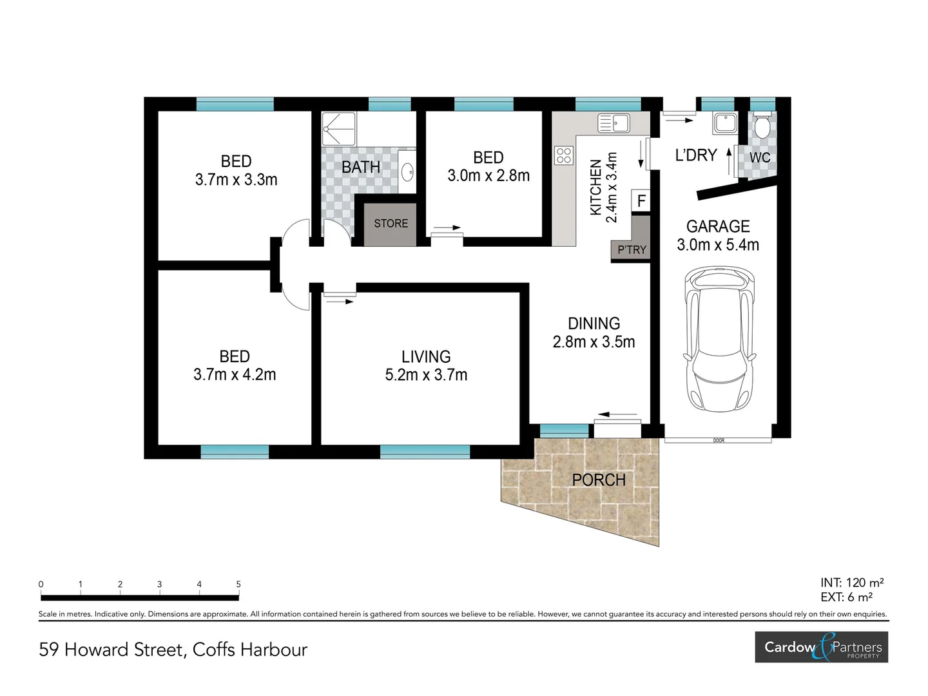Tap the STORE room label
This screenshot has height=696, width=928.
(391, 224)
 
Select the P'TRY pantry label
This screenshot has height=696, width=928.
(631, 250)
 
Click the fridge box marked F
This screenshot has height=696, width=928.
(641, 201)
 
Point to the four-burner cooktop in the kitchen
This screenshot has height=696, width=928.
(564, 155)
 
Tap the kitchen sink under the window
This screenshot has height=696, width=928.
(614, 122)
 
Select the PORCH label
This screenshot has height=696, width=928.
(599, 480)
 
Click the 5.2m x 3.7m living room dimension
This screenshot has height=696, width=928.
(426, 375)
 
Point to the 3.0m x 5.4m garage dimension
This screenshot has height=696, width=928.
(718, 245)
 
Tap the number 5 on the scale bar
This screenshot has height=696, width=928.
(238, 585)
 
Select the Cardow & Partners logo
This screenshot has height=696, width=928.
(822, 647)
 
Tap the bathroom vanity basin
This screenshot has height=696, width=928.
(407, 172)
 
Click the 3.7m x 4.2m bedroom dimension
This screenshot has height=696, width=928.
(235, 374)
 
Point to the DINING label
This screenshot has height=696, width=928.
(594, 324)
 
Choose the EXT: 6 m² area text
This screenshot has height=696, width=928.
(846, 597)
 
